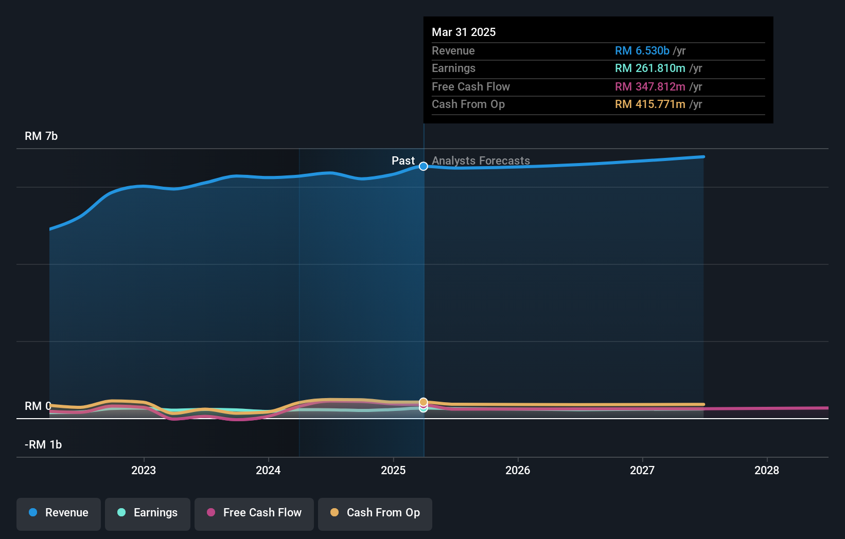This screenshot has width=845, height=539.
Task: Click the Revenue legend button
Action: [x=59, y=513]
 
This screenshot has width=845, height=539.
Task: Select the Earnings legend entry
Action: [x=148, y=513]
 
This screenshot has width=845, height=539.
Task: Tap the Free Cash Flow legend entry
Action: [x=254, y=513]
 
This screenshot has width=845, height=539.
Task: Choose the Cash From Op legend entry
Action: [x=375, y=513]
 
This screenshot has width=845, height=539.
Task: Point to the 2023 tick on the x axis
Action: [x=144, y=470]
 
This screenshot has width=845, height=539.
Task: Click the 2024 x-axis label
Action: [x=268, y=470]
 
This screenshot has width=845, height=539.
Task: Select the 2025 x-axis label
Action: [x=393, y=470]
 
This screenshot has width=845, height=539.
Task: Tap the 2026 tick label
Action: [x=518, y=470]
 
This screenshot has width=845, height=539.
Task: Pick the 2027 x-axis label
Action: [x=642, y=470]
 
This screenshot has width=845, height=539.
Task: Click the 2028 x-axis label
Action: [x=767, y=470]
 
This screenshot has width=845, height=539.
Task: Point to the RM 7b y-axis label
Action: [x=41, y=136]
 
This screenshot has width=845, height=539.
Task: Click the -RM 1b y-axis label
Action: [x=43, y=445]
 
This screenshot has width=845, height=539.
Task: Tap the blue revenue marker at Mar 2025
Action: [x=423, y=166]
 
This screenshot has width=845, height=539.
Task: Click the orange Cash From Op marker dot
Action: [x=423, y=402]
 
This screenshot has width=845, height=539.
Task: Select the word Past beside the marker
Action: [x=403, y=161]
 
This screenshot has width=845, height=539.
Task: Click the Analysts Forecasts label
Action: [x=481, y=161]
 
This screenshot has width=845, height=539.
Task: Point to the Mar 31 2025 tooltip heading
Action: [x=464, y=32]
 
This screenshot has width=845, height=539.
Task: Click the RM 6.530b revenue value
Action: [x=642, y=50]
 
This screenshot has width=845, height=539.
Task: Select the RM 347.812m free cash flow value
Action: [x=650, y=86]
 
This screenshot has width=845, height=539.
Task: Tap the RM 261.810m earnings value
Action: [x=650, y=68]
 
